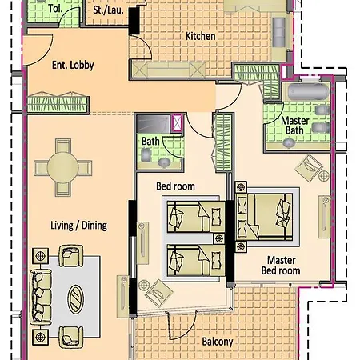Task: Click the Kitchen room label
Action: click(x=201, y=36)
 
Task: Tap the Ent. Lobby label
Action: click(x=73, y=65)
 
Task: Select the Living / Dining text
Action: click(x=79, y=226)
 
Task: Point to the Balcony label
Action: click(x=218, y=342)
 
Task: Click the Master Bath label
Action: click(x=295, y=126)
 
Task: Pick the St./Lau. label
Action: click(x=108, y=10)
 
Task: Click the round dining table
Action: click(x=63, y=168)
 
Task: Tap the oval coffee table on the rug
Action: click(x=76, y=299)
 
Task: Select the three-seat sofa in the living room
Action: click(x=41, y=298)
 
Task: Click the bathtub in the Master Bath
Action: click(x=308, y=92)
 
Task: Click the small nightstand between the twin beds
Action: click(x=219, y=238)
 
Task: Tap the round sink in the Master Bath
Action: click(x=289, y=143)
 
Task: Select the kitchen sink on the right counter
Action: click(x=279, y=32)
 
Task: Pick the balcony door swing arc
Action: click(x=182, y=326)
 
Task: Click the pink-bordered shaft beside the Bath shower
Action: click(x=177, y=123)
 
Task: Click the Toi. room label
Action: click(x=55, y=9)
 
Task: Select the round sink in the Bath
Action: click(x=164, y=162)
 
